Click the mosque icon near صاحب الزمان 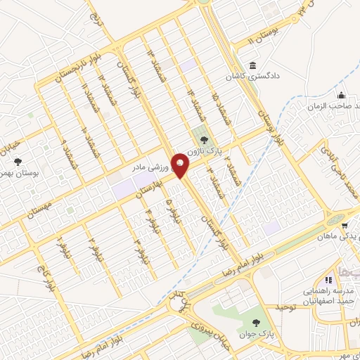341,96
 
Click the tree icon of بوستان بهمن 18,162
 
